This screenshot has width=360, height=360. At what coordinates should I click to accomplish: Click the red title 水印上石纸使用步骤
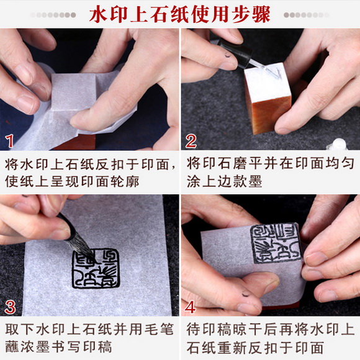point(179,14)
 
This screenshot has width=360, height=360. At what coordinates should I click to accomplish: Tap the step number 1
point(10,140)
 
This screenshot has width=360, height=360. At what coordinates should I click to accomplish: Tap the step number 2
point(191,140)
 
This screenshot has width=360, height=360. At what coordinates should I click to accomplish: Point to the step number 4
point(191,306)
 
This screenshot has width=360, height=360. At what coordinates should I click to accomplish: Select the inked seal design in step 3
point(95,268)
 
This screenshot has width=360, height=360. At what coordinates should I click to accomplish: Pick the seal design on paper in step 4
point(275,243)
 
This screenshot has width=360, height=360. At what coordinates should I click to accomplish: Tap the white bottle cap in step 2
point(339,144)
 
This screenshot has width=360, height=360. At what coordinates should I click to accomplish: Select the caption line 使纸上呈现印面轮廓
point(69,182)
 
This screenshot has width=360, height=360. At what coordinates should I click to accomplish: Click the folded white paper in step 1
point(81,99)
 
